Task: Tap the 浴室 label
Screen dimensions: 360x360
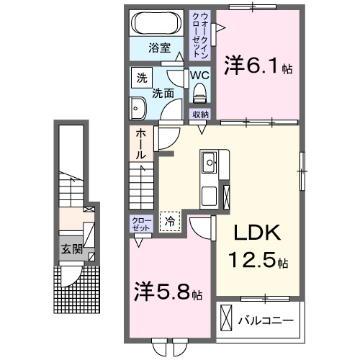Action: pyautogui.click(x=159, y=49)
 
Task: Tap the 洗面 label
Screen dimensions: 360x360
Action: pyautogui.click(x=163, y=93)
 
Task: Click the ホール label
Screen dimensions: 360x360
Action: pyautogui.click(x=141, y=144)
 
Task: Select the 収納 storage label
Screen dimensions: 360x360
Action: pyautogui.click(x=200, y=114)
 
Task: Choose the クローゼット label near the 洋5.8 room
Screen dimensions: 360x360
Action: pyautogui.click(x=140, y=222)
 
